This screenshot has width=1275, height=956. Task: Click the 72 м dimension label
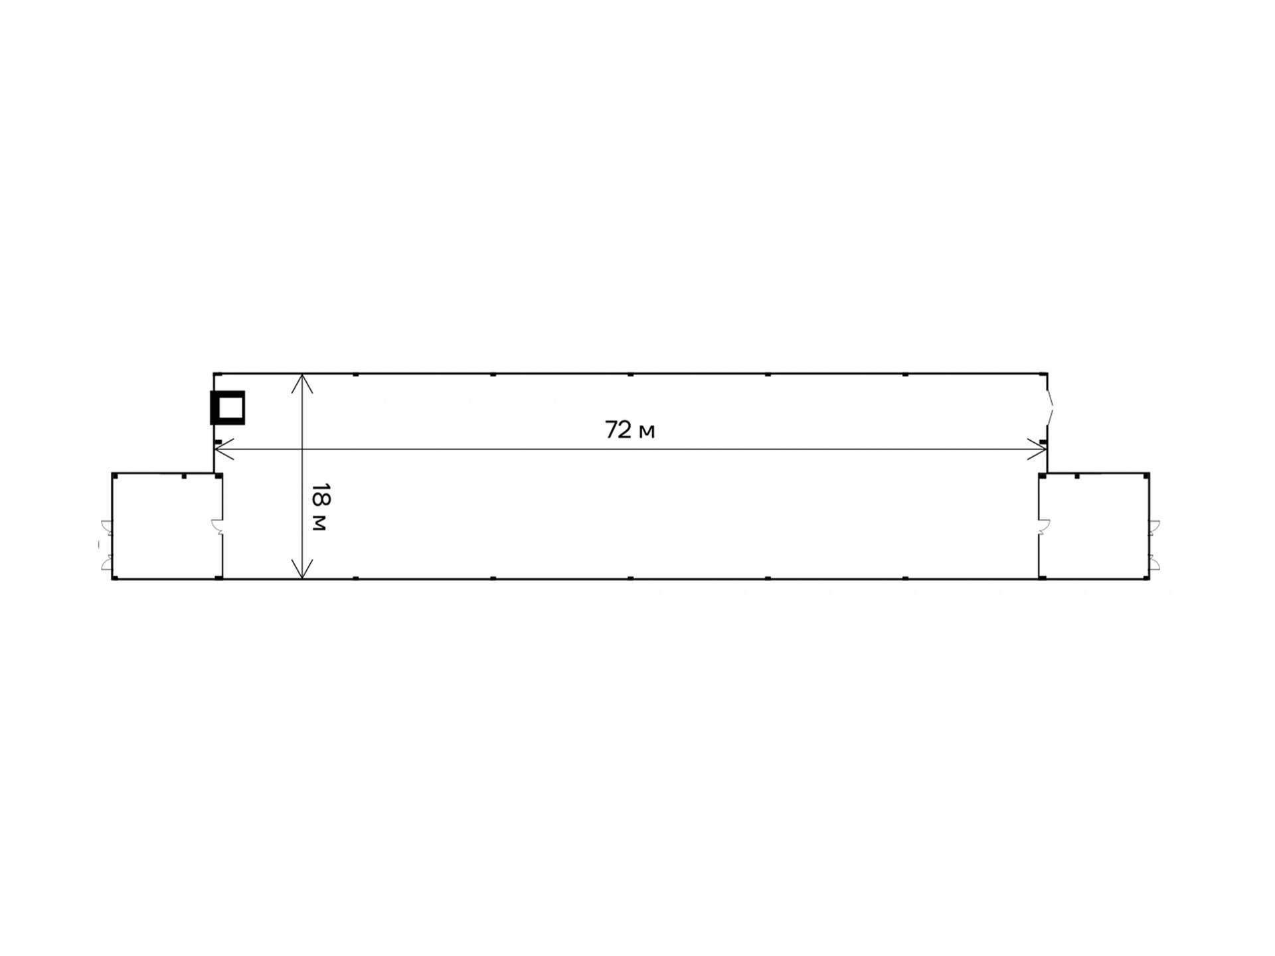pyautogui.click(x=630, y=430)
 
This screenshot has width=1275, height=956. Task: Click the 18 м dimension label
pyautogui.click(x=320, y=507)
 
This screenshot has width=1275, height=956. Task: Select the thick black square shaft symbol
pyautogui.click(x=228, y=408)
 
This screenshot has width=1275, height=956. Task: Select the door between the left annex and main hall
pyautogui.click(x=217, y=526)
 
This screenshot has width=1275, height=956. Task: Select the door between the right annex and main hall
pyautogui.click(x=1044, y=526)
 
